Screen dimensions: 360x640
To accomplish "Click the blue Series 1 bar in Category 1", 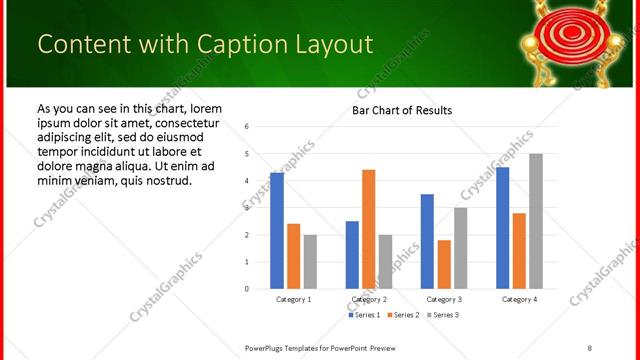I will [x=277, y=231].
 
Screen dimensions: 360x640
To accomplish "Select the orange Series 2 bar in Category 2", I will [x=368, y=229].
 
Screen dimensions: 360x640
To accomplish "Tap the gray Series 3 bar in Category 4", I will [x=536, y=221].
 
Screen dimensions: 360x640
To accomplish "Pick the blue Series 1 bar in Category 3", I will [x=427, y=241].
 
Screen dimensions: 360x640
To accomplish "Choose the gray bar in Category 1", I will [x=310, y=262].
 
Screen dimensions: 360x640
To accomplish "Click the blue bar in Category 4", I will [x=503, y=228].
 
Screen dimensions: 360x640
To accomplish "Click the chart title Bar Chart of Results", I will [x=402, y=110].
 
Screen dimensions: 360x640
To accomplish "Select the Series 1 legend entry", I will [x=364, y=316].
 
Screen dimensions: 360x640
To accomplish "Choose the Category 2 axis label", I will [x=369, y=299].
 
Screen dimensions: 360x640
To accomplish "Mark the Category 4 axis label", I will [x=519, y=299].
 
